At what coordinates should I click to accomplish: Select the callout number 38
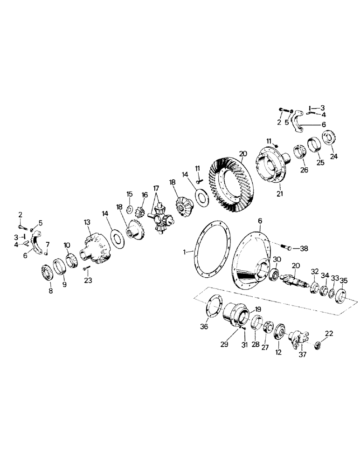(x=304, y=248)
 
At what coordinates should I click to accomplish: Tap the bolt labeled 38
(x=285, y=246)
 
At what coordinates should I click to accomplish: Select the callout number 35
(x=344, y=281)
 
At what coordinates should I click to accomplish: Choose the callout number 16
(x=144, y=195)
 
